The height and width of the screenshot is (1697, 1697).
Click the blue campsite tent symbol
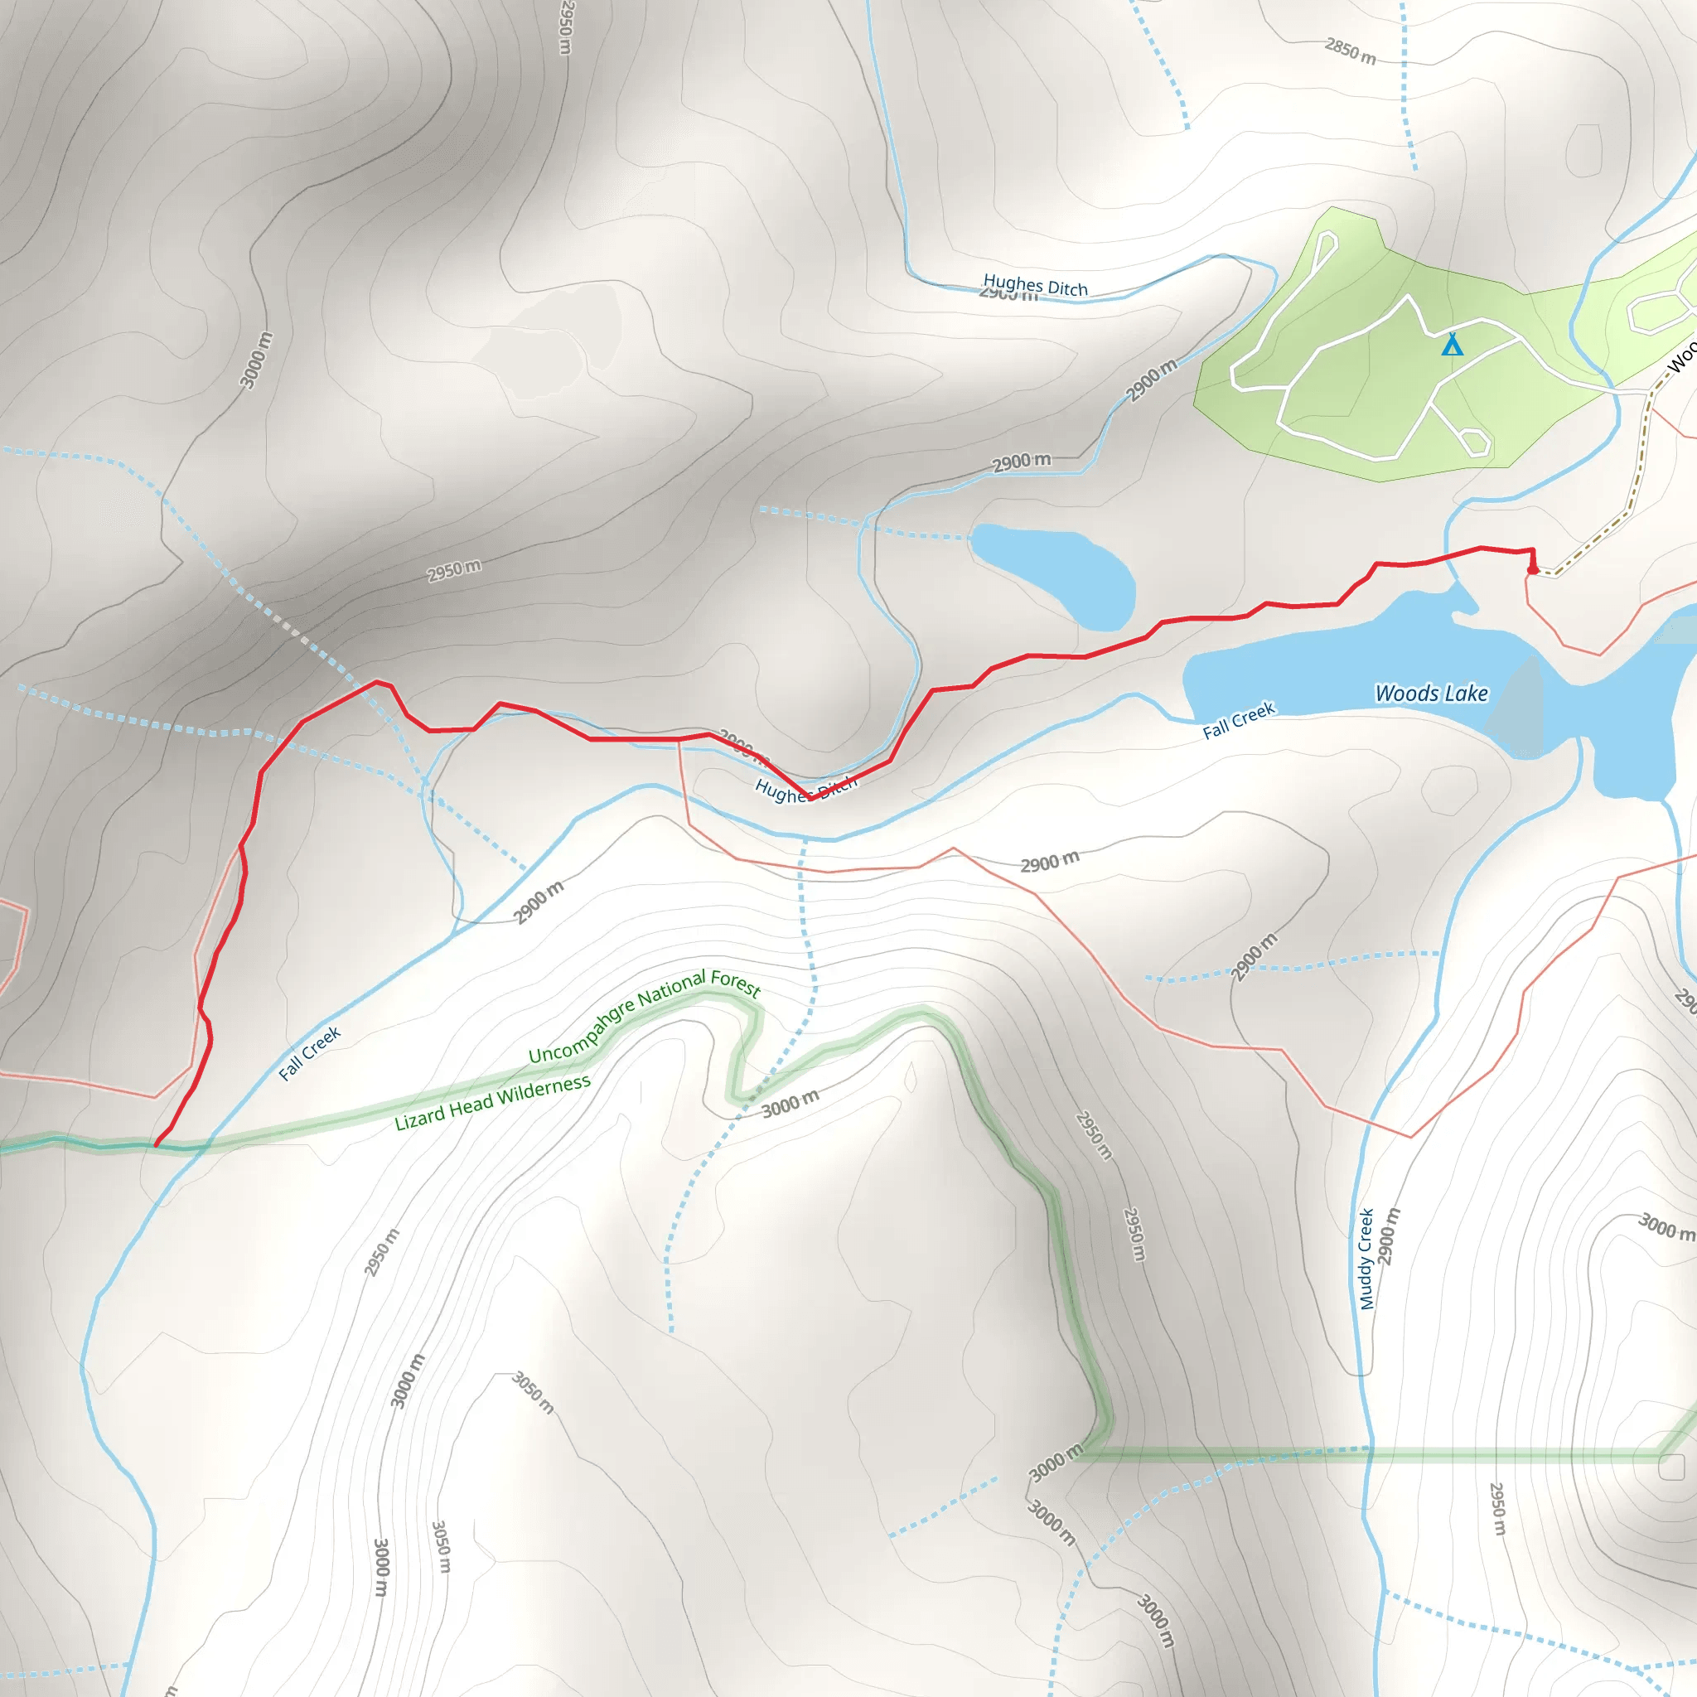(1452, 346)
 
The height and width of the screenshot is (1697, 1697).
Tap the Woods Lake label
(1431, 694)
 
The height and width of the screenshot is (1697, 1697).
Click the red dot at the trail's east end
(1533, 570)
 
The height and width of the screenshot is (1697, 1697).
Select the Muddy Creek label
(1366, 1259)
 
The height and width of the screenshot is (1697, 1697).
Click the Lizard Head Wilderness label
(492, 1102)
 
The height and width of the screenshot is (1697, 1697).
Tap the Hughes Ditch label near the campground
(1035, 286)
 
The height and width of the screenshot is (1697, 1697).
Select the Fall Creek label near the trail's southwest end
(309, 1053)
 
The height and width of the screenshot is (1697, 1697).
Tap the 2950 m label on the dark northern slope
(454, 570)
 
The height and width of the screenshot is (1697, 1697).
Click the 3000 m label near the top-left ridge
(255, 360)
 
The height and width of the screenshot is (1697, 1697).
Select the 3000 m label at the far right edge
(1666, 1227)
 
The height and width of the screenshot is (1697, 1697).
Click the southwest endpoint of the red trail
(156, 1145)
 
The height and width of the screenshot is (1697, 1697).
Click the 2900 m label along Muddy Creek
(1388, 1237)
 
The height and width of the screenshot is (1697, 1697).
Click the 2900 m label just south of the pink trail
(1050, 862)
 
